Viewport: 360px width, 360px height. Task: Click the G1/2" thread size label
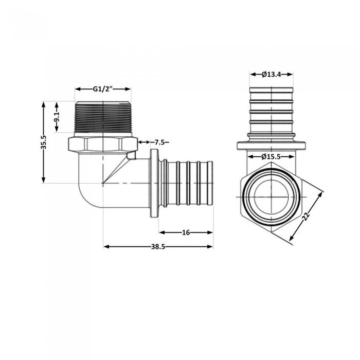[103, 89]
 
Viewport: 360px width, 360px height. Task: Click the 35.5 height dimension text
[44, 142]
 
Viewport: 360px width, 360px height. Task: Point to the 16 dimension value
[186, 232]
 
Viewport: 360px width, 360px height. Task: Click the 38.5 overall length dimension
[158, 247]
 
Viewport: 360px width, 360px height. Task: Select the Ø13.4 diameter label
[271, 75]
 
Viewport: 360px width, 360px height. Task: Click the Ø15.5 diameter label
[271, 156]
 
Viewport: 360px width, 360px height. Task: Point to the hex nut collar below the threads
[102, 144]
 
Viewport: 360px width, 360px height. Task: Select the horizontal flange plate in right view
[271, 146]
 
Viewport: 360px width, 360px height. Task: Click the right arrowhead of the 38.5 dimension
[210, 247]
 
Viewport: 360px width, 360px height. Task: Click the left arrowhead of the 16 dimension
[161, 232]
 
